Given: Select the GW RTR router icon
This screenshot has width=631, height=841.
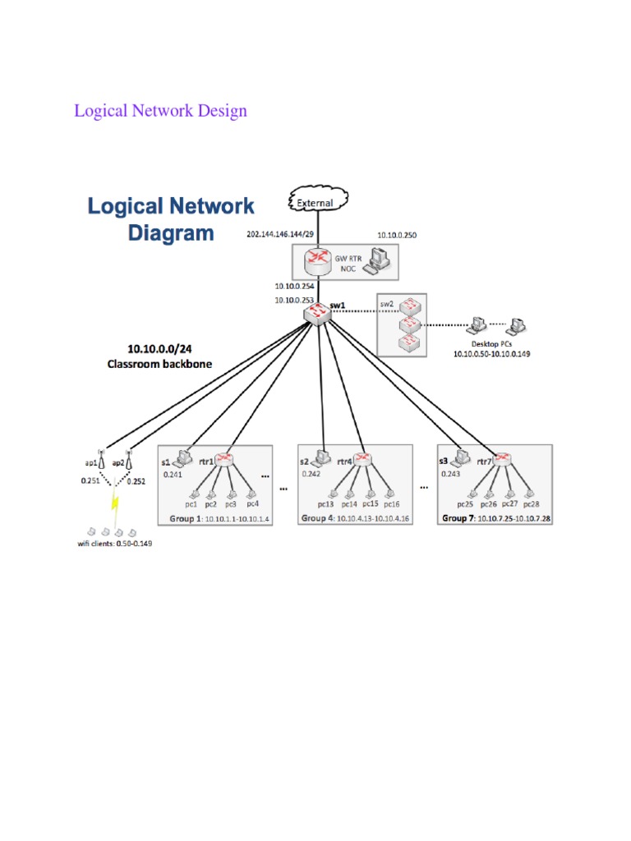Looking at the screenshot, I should pyautogui.click(x=316, y=262).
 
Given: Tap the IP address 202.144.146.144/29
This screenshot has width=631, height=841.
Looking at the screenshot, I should pyautogui.click(x=279, y=234).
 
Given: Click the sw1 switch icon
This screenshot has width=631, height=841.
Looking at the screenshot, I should pyautogui.click(x=315, y=313).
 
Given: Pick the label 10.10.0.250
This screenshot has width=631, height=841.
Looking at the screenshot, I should pyautogui.click(x=397, y=235).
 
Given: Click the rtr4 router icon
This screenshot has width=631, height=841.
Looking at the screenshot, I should pyautogui.click(x=363, y=460).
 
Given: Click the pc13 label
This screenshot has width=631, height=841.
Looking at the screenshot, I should pyautogui.click(x=325, y=503).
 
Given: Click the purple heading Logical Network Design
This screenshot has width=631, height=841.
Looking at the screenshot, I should pyautogui.click(x=160, y=110).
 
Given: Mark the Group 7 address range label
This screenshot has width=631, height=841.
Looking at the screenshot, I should pyautogui.click(x=495, y=518).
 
